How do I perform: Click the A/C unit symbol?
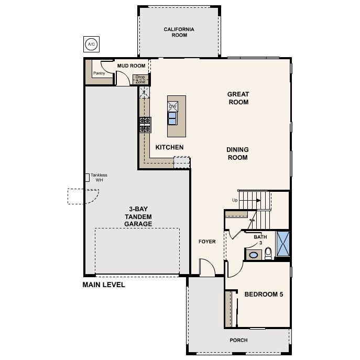(91, 43)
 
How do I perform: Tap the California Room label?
(179, 32)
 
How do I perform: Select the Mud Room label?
(130, 66)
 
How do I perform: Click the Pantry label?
(99, 73)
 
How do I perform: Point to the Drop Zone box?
(140, 79)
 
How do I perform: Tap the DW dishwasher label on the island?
(172, 106)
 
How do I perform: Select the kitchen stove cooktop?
(145, 125)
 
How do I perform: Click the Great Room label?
(238, 98)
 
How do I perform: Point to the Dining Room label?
(237, 154)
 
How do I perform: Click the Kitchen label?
(169, 147)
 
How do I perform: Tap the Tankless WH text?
(99, 178)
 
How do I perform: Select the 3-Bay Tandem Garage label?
(138, 216)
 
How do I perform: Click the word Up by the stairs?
(236, 200)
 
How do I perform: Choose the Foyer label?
(207, 242)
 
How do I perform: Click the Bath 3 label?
(260, 240)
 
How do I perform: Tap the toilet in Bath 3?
(268, 254)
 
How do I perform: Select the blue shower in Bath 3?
(283, 243)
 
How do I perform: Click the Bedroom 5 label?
(264, 294)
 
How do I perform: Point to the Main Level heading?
(104, 285)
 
